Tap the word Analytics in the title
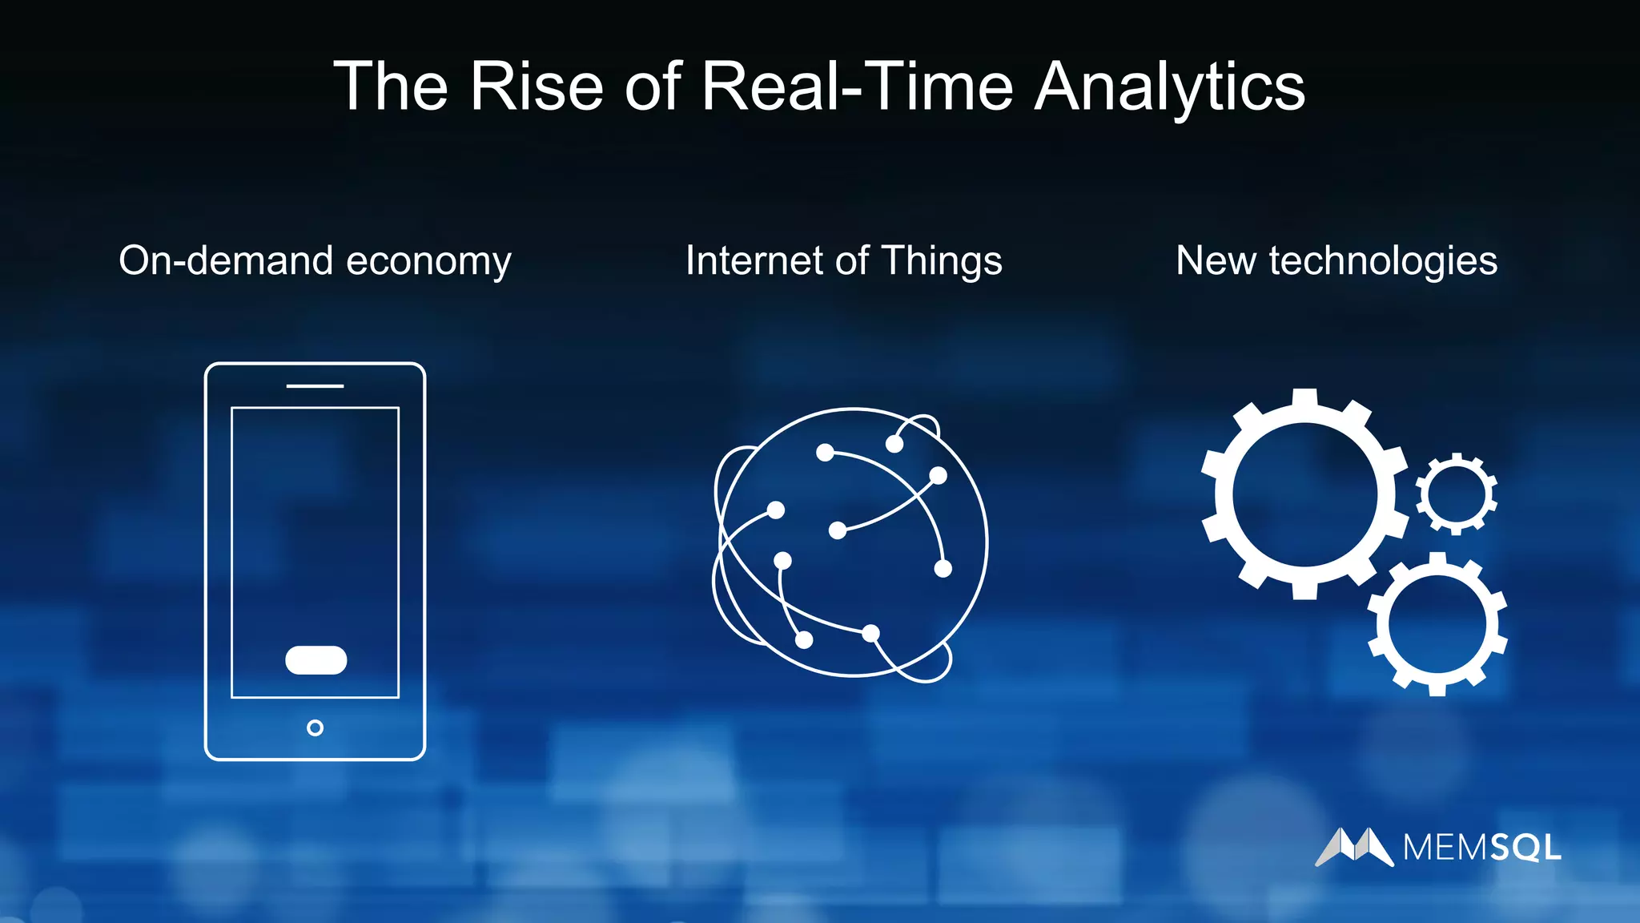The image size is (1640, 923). point(1169,87)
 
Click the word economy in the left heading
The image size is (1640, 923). point(428,261)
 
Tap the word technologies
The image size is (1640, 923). point(1383,261)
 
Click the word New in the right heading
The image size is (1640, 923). point(1216,261)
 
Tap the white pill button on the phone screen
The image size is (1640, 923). point(316,660)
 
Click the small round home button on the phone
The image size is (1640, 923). point(315,728)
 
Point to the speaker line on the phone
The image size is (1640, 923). point(315,386)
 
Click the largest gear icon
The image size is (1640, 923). point(1304,494)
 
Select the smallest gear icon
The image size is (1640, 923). point(1456,494)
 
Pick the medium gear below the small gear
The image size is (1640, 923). point(1437,624)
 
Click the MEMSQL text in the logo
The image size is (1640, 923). point(1481,848)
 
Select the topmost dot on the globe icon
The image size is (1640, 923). point(894,444)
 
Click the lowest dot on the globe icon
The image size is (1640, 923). point(804,639)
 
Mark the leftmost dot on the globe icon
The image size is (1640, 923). point(775,510)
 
